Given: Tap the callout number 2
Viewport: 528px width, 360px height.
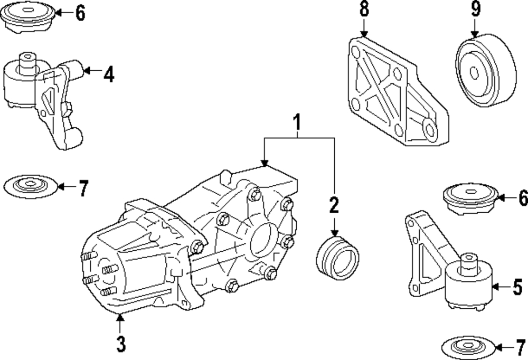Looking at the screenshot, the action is pyautogui.click(x=334, y=205).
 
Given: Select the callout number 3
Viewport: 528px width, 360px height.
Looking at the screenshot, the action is pyautogui.click(x=121, y=344).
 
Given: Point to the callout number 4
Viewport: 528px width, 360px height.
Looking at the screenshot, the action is pyautogui.click(x=109, y=74).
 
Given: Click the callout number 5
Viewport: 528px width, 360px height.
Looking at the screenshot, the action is pyautogui.click(x=518, y=287).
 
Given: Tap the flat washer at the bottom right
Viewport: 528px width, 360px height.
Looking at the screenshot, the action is pyautogui.click(x=468, y=347).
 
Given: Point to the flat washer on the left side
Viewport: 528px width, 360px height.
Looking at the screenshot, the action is pyautogui.click(x=30, y=186).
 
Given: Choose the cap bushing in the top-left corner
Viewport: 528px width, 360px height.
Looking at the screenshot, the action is pyautogui.click(x=27, y=17).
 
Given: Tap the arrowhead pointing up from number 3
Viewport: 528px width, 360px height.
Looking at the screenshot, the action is pyautogui.click(x=119, y=317).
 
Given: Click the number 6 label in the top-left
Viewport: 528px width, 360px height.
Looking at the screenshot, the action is pyautogui.click(x=80, y=13).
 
